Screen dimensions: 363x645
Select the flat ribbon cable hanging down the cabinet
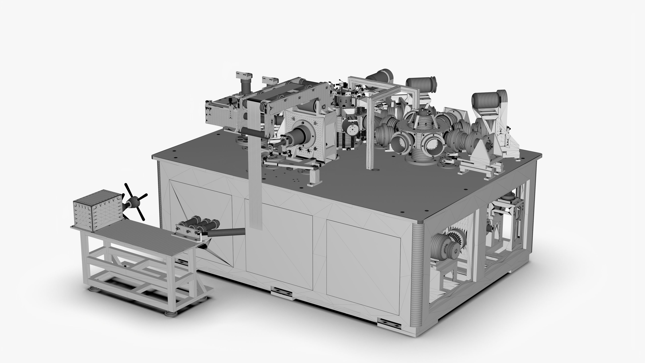[x=255, y=175]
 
